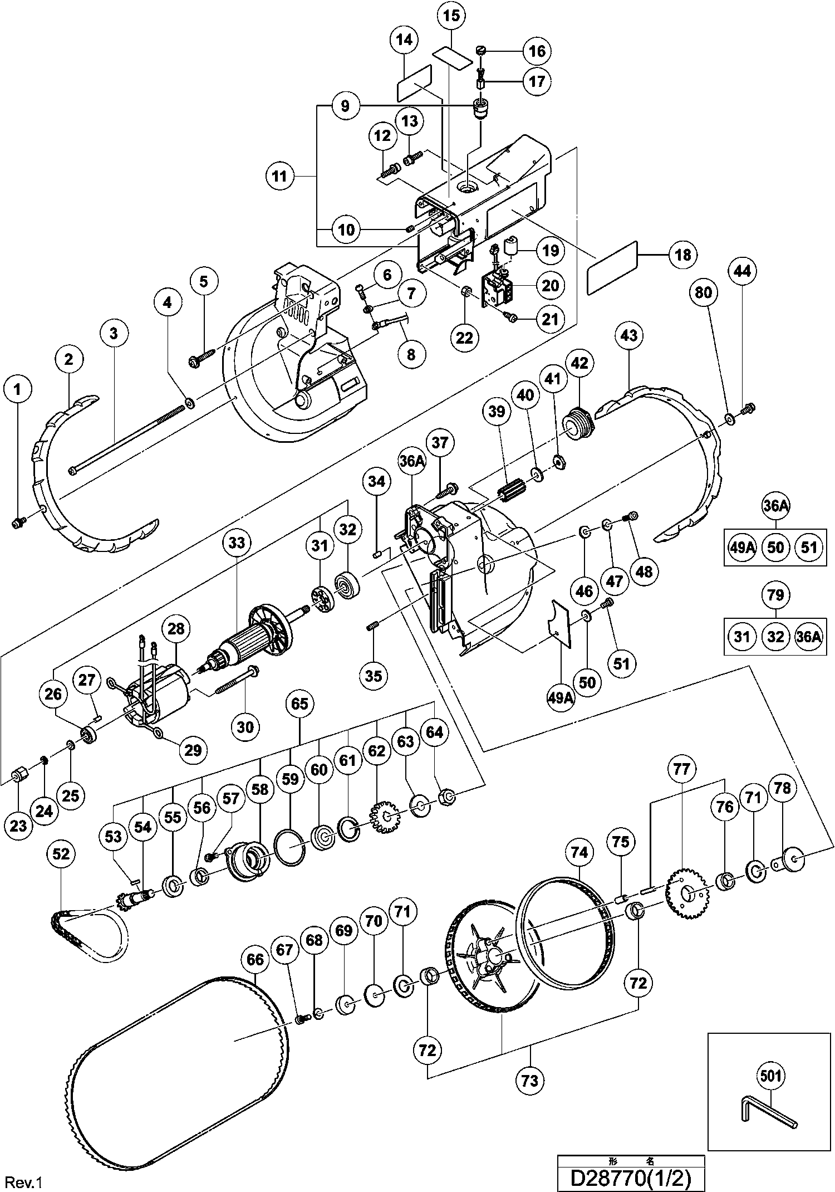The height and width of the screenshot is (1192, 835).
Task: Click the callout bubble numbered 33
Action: [x=237, y=543]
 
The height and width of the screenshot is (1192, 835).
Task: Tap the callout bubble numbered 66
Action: [x=255, y=960]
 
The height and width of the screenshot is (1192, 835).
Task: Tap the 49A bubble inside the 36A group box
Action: [x=742, y=548]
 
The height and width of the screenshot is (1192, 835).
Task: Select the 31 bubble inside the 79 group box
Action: [x=742, y=636]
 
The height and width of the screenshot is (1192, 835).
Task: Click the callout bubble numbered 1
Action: [x=18, y=389]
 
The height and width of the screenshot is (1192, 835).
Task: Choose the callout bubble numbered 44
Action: [x=742, y=271]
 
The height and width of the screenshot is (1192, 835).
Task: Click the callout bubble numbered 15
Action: [x=452, y=16]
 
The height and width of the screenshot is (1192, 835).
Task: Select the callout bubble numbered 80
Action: [x=704, y=292]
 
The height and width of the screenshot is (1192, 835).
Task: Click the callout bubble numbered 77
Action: [x=681, y=769]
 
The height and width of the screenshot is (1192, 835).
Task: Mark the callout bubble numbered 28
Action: [x=176, y=629]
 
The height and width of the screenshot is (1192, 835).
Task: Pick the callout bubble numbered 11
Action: [x=279, y=177]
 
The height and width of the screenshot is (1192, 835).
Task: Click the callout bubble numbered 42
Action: [x=580, y=363]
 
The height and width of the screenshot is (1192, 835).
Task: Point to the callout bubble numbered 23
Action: [x=18, y=825]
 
